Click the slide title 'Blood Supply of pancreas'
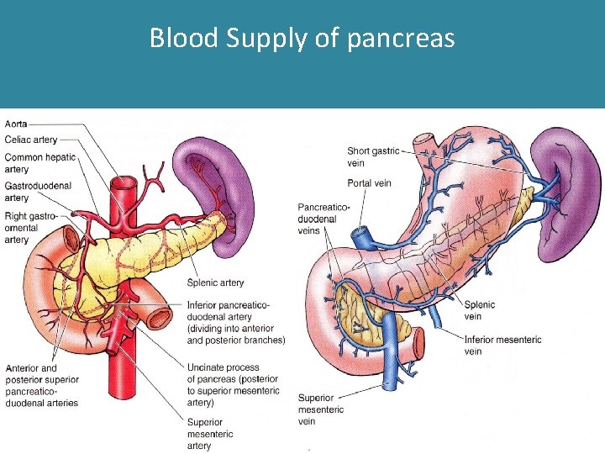[302, 39]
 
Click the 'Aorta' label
[16, 124]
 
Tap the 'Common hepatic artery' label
[39, 163]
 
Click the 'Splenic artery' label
[216, 282]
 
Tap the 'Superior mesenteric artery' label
[211, 434]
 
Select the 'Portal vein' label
[369, 183]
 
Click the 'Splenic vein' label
[479, 310]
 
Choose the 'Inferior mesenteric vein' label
[502, 345]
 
